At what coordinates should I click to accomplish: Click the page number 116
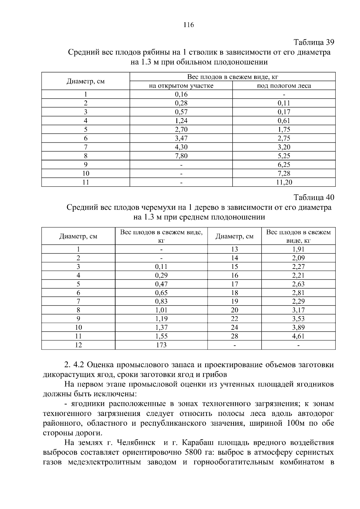[x=189, y=25]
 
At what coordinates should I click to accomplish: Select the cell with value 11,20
[x=284, y=182]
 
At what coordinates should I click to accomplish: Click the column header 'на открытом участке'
[x=181, y=86]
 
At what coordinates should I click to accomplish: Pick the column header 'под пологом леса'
[x=284, y=86]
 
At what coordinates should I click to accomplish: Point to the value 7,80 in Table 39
[x=181, y=156]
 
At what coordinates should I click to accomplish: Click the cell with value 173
[x=161, y=345]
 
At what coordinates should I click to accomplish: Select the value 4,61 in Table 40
[x=298, y=336]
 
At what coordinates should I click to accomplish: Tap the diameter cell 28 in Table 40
[x=235, y=336]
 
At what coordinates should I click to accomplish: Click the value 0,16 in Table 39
[x=181, y=94]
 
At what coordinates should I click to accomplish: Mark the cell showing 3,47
[x=181, y=138]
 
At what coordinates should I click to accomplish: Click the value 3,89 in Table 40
[x=298, y=328]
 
